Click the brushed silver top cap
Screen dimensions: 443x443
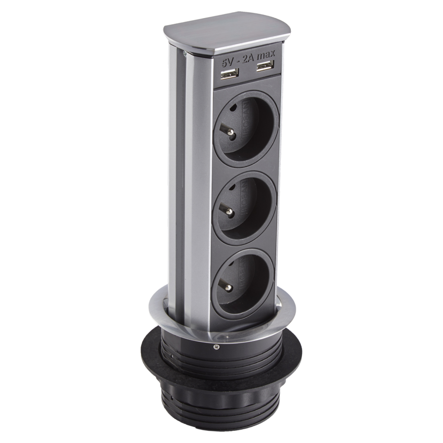(227, 35)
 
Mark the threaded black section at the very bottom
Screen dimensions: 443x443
(225, 411)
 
